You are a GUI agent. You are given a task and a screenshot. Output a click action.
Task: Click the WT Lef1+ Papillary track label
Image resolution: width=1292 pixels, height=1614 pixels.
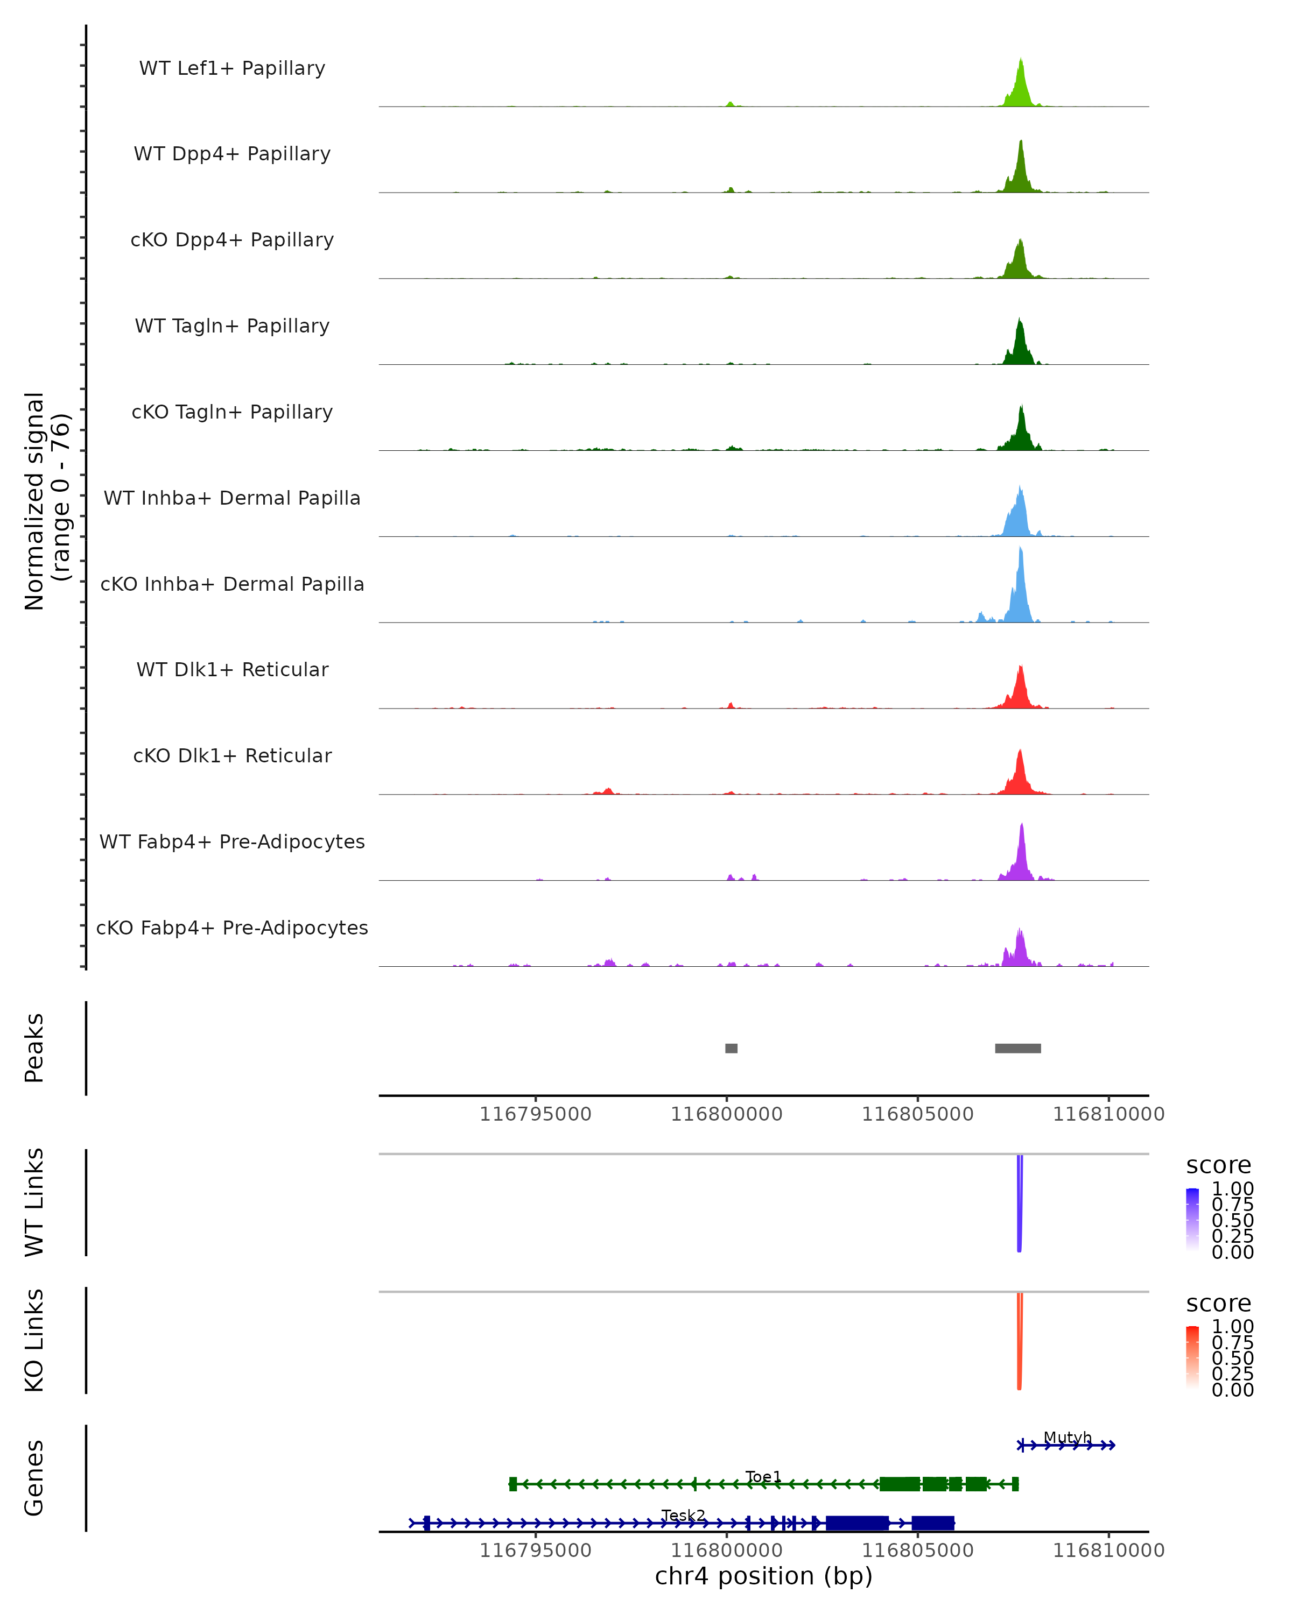(232, 68)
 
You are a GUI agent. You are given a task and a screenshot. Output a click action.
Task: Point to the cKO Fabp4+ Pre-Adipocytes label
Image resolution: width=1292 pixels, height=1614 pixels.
(232, 928)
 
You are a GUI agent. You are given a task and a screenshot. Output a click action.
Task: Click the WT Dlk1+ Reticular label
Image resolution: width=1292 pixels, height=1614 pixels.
(232, 669)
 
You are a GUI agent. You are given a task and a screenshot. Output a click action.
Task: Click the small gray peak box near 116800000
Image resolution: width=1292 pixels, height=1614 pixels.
(731, 1048)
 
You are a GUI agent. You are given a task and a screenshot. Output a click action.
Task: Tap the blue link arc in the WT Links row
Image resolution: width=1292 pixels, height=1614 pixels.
(1020, 1205)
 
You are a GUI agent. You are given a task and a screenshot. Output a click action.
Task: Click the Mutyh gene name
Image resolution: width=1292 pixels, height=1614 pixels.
(1068, 1438)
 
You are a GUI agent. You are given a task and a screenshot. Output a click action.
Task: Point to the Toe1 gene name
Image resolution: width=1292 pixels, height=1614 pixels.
(763, 1477)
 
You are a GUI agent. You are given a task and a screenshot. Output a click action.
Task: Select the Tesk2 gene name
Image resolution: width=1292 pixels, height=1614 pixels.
(683, 1515)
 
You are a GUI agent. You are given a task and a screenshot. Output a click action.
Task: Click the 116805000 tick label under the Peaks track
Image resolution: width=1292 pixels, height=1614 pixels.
(917, 1115)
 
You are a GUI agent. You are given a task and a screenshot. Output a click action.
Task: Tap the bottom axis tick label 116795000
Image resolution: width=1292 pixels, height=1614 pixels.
(536, 1551)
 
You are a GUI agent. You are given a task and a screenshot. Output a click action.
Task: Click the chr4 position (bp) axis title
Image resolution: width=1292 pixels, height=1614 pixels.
(763, 1576)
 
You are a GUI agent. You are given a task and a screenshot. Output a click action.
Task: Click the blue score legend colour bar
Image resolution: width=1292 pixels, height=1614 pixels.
(1192, 1219)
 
